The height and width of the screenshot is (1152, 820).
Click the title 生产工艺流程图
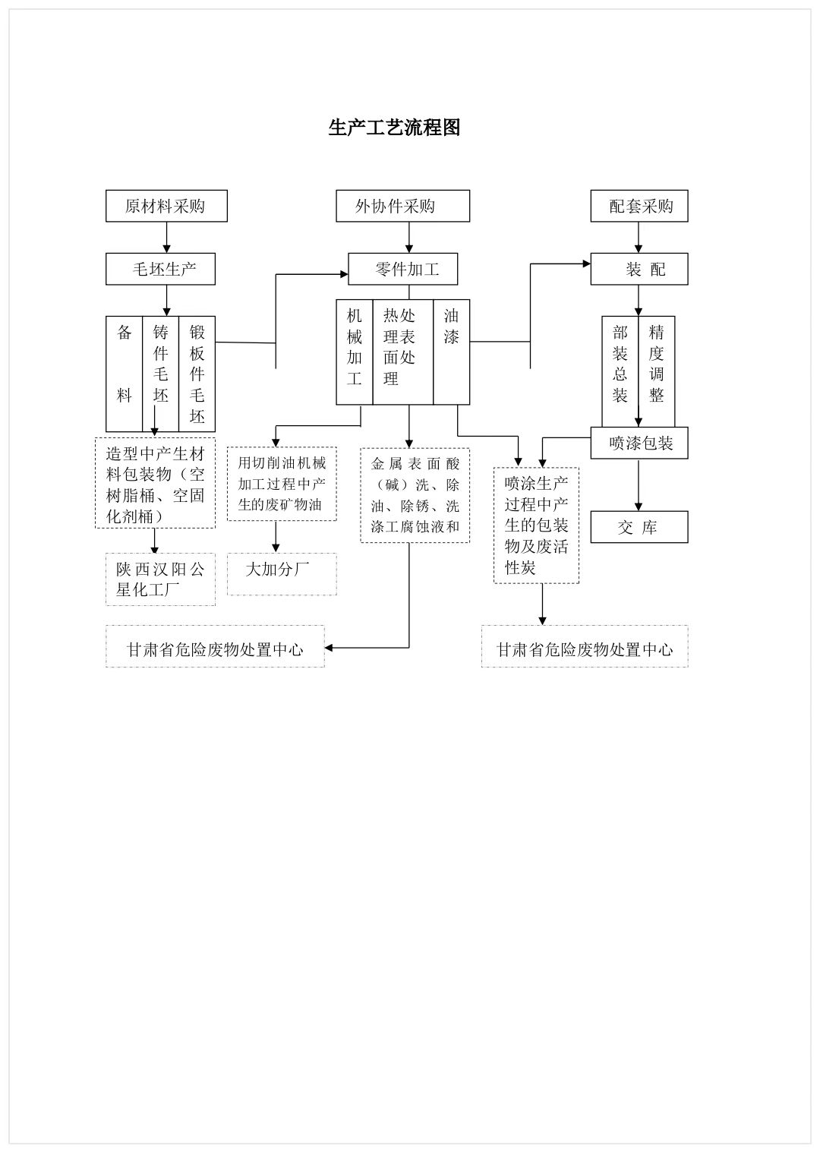[394, 128]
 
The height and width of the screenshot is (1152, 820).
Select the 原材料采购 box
[166, 206]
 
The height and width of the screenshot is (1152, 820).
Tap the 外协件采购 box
[402, 206]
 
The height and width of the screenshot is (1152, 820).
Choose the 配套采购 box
[639, 206]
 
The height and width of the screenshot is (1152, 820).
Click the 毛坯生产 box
[160, 269]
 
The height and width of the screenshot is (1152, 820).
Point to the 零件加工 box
[403, 269]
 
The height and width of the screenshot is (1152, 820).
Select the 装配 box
[639, 269]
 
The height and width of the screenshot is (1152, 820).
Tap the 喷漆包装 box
[639, 443]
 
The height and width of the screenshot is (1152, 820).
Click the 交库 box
[639, 527]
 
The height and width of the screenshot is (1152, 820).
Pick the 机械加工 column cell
[355, 351]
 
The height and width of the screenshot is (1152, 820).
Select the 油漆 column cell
[452, 351]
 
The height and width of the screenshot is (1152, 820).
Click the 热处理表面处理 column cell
[402, 351]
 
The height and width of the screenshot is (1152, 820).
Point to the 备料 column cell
[124, 374]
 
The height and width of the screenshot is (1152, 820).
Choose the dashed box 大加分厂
[282, 574]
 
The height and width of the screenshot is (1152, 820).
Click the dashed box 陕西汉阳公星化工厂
[160, 579]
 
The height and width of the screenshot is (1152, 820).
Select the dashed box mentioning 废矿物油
[282, 484]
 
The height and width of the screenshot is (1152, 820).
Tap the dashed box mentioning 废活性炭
[536, 526]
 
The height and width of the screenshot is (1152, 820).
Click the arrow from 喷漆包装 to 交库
[639, 484]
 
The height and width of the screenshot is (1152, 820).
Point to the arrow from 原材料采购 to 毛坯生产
[167, 237]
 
